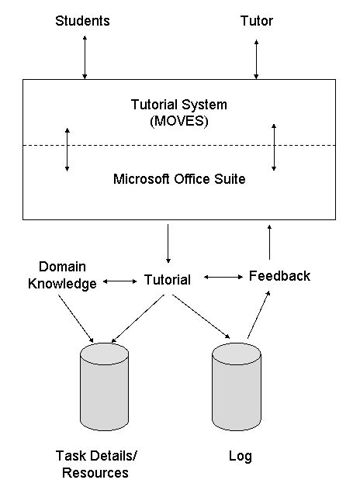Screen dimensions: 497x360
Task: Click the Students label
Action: click(82, 21)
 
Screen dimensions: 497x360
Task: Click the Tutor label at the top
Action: click(256, 21)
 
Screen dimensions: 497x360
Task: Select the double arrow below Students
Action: click(85, 56)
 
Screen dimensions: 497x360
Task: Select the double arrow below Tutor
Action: click(256, 56)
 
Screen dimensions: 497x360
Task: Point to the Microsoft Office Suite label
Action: click(179, 179)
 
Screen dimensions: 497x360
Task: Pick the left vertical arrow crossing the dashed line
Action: click(67, 148)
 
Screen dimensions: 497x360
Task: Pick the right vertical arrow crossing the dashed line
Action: click(274, 146)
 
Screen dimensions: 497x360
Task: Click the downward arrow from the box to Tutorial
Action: click(168, 243)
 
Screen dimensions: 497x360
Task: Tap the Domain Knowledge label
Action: click(62, 274)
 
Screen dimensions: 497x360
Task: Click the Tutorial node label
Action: click(168, 280)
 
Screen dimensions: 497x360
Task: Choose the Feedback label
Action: click(279, 276)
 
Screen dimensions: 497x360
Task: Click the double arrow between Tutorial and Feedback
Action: click(222, 277)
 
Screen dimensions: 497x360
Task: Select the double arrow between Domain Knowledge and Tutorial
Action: click(119, 281)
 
